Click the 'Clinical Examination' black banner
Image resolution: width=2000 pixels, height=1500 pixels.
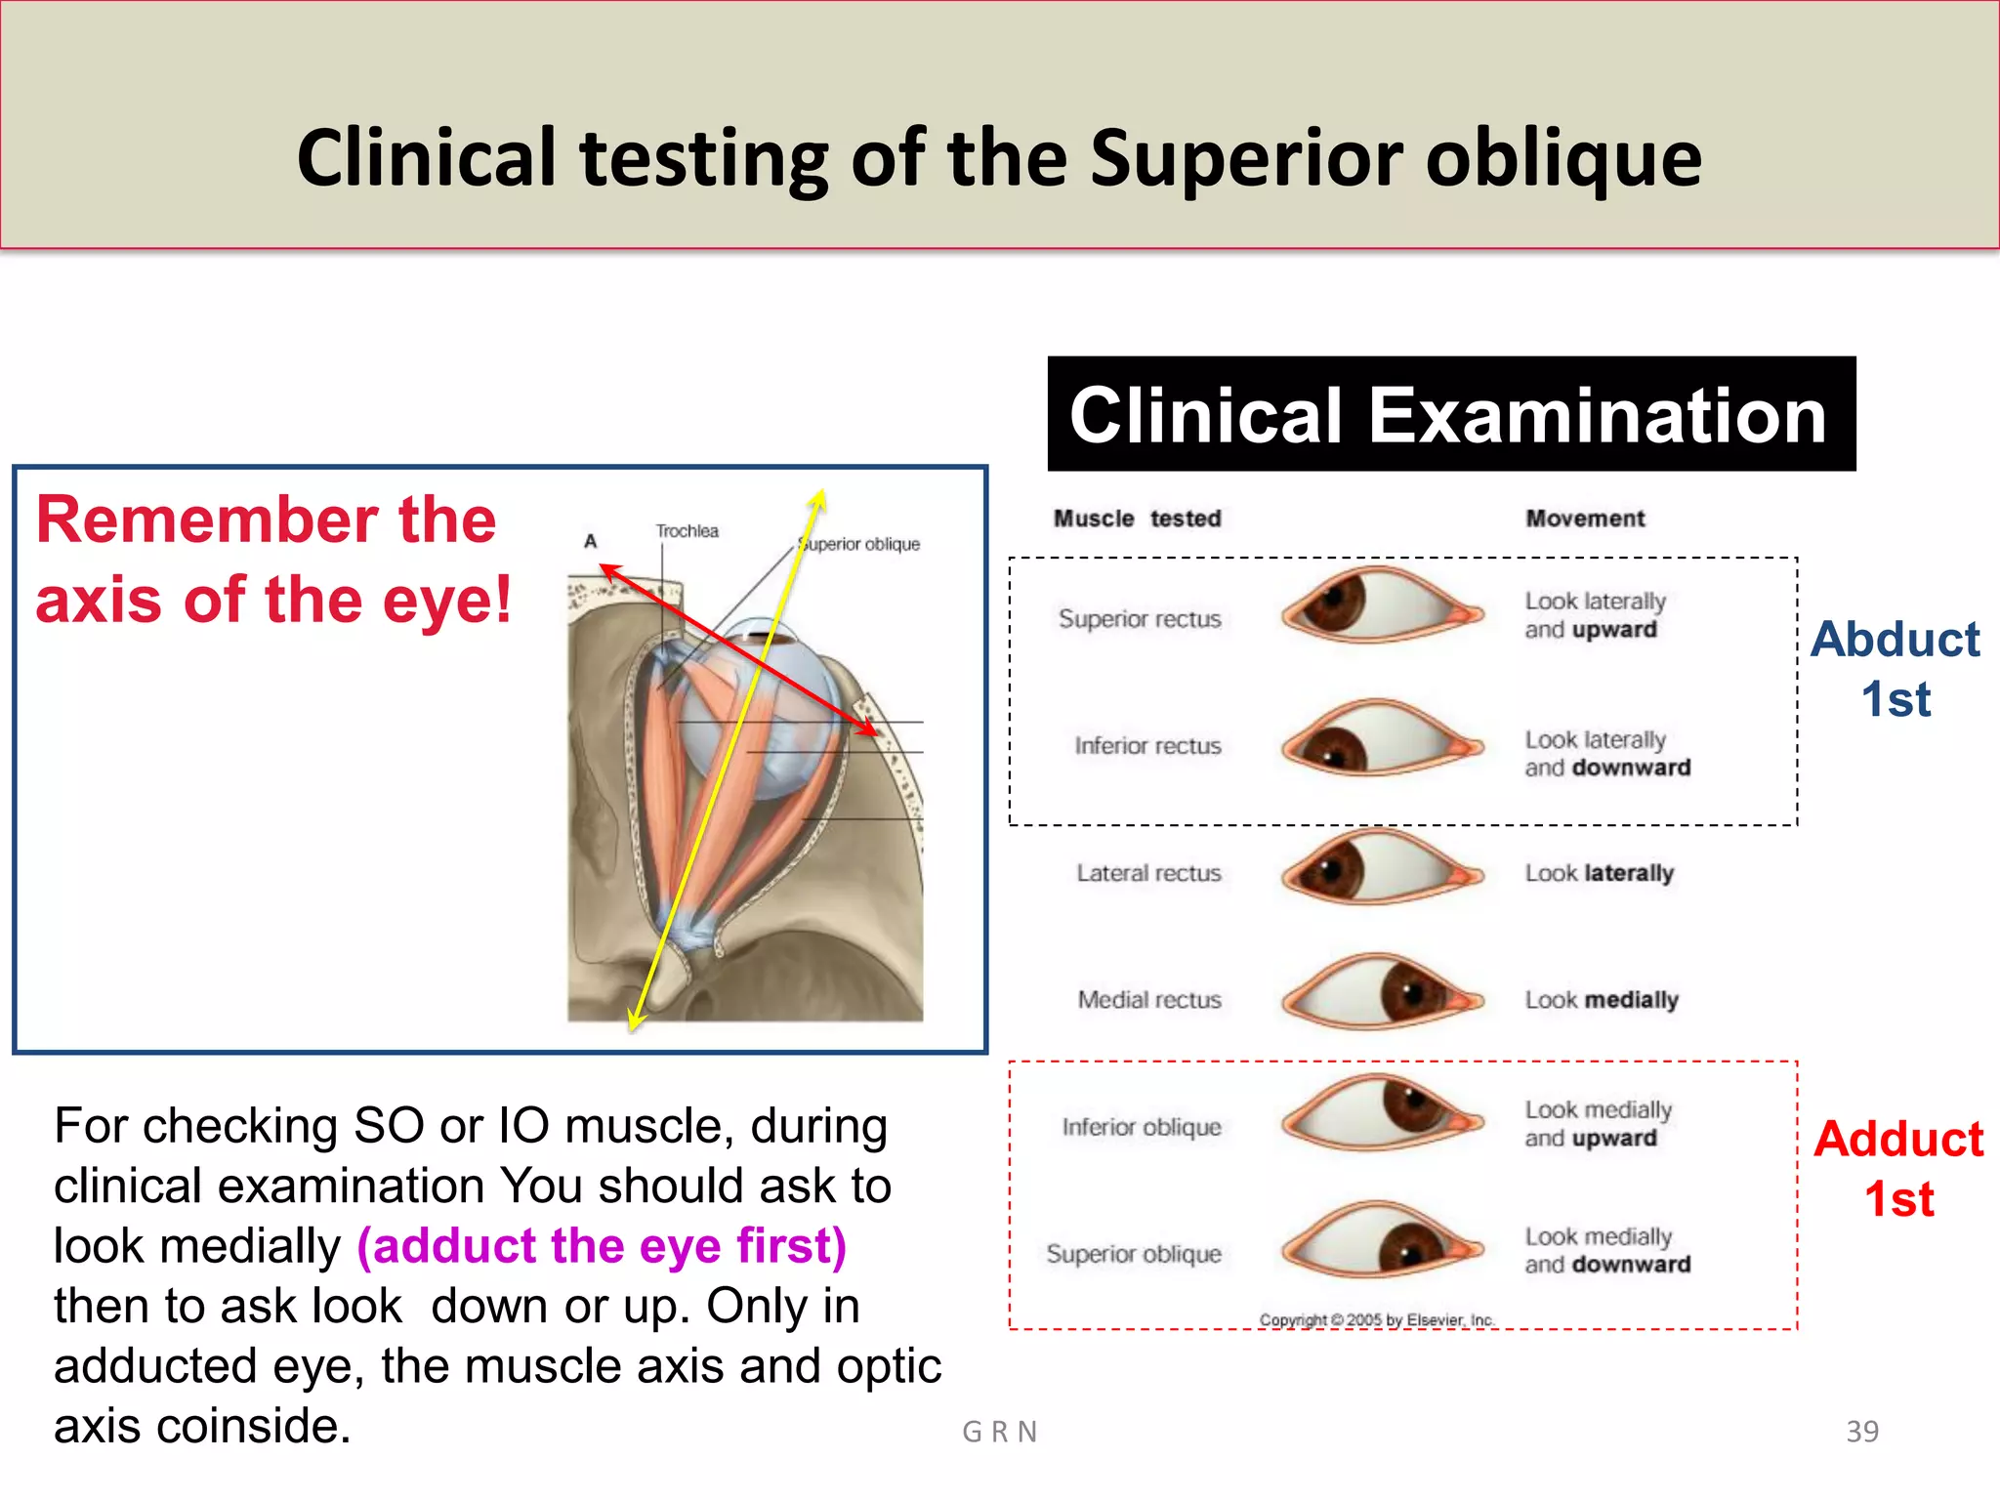click(1451, 414)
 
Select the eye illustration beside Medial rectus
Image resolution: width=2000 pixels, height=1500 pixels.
click(1381, 993)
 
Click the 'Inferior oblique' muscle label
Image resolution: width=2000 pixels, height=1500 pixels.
click(1142, 1127)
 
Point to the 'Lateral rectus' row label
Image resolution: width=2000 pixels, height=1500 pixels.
click(1148, 873)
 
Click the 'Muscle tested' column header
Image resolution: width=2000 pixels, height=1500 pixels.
click(1137, 519)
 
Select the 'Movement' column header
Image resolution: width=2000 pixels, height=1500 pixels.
click(1585, 519)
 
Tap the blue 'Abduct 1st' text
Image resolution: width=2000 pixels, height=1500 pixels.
click(1895, 669)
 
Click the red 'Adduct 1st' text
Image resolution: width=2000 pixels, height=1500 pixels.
click(1898, 1169)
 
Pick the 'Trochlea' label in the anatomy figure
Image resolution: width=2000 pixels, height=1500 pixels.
click(687, 531)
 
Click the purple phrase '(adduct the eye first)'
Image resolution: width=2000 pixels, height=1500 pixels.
click(602, 1246)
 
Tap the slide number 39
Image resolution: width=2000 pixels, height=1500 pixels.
click(1862, 1432)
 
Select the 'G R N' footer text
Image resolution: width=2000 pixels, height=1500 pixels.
click(1000, 1432)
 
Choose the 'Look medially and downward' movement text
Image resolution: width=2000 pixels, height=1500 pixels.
click(1607, 1250)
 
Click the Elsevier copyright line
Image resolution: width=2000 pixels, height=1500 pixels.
click(1377, 1320)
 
